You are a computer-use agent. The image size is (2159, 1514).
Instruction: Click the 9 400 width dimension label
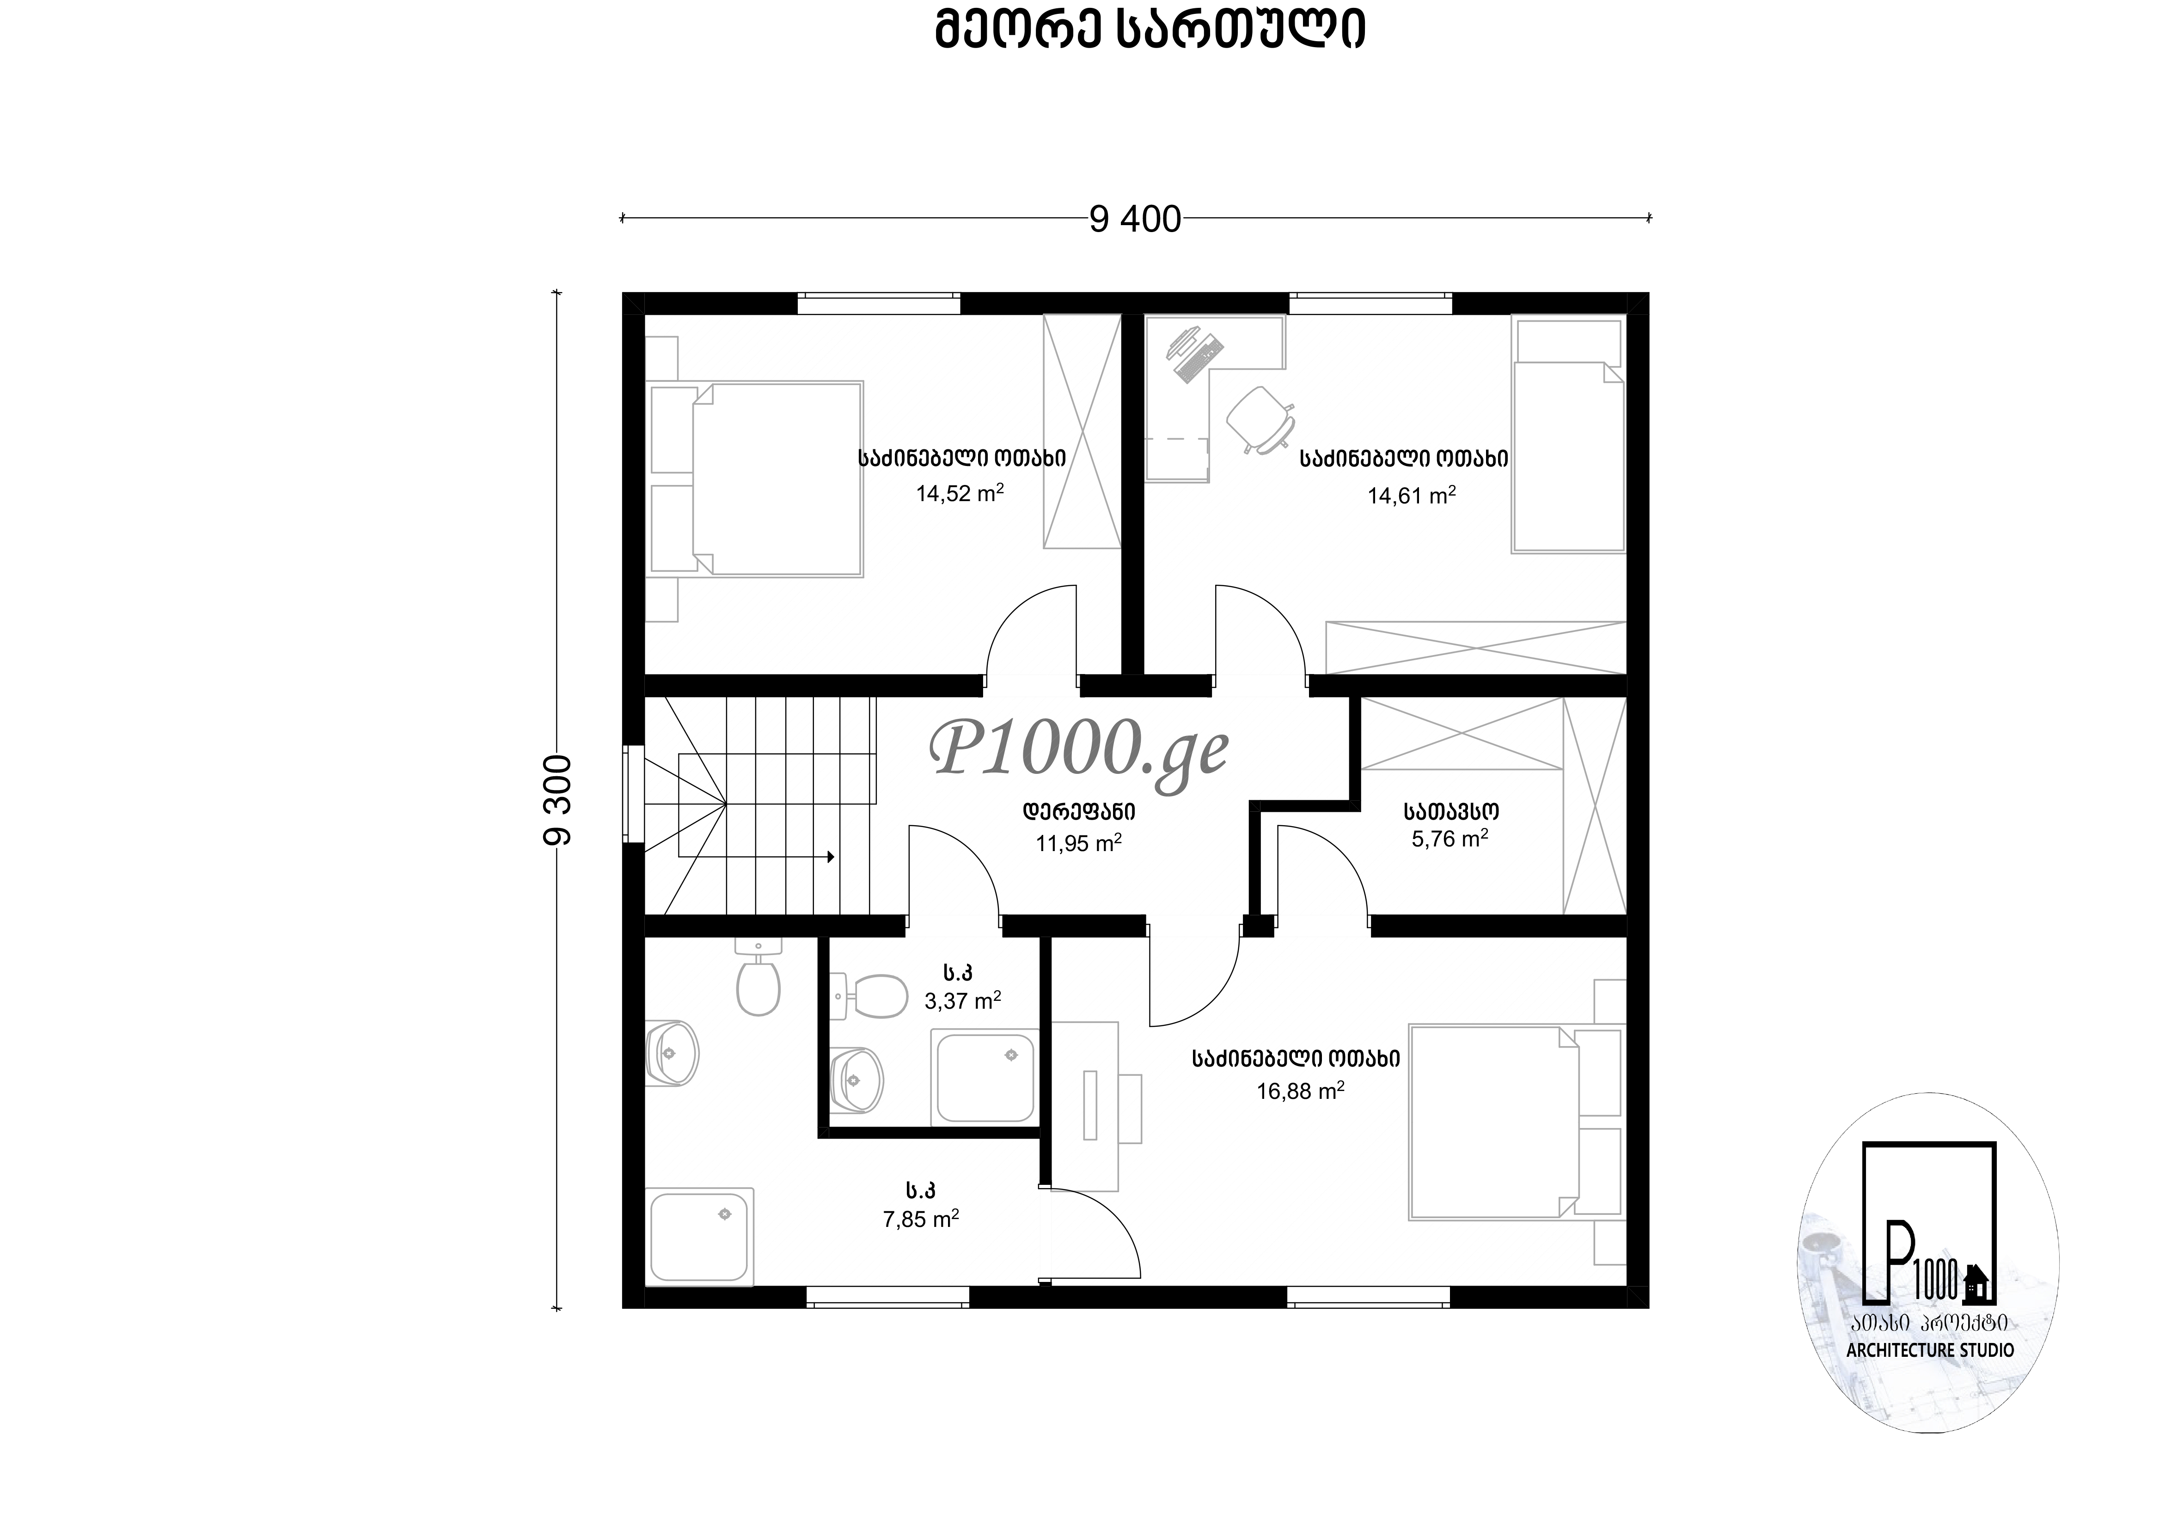point(1135,219)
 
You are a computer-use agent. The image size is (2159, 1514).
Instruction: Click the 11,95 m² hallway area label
point(1078,843)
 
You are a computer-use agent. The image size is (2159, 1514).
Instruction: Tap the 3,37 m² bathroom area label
point(963,1000)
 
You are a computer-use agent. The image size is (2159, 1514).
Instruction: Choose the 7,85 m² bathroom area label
point(921,1220)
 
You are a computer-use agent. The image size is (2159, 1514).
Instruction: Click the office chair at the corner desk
point(1260,418)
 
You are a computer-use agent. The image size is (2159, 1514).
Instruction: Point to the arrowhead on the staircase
point(830,857)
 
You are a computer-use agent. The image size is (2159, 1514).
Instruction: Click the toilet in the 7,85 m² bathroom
point(758,979)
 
